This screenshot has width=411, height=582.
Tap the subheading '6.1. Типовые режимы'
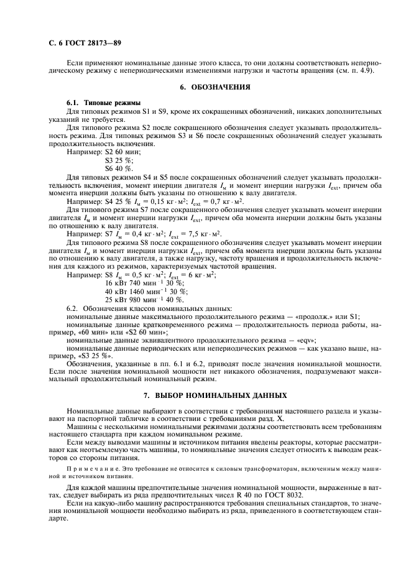pos(103,102)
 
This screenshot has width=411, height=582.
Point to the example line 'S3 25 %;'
pos(119,160)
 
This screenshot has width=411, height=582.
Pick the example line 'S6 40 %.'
pos(119,169)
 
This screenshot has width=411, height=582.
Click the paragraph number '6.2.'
pos(73,308)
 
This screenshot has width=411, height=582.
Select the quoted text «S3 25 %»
pos(91,356)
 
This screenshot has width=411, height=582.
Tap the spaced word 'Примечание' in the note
pos(86,466)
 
